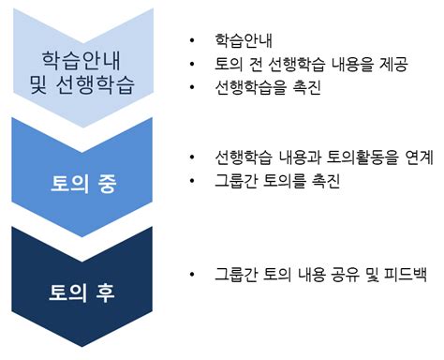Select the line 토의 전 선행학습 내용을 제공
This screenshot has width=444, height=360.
pos(304,65)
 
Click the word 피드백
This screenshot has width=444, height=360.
pos(404,275)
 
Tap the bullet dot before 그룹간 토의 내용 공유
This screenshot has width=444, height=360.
pos(192,275)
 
